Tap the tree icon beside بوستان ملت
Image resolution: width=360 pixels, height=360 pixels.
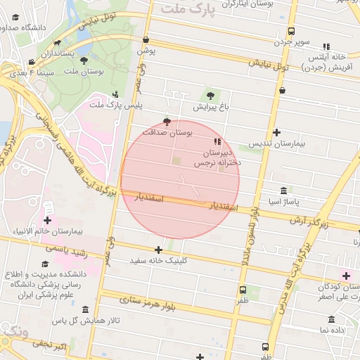84,61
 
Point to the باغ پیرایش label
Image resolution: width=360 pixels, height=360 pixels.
210,108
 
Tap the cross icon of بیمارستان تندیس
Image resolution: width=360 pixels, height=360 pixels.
277,132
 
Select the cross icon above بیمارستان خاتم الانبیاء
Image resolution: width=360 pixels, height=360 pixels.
48,202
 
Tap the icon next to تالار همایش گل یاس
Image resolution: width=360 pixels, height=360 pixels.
85,310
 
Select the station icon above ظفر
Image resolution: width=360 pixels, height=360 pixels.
243,290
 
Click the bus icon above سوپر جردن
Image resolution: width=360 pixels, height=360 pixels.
291,31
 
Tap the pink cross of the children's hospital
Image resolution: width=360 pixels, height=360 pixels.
345,274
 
